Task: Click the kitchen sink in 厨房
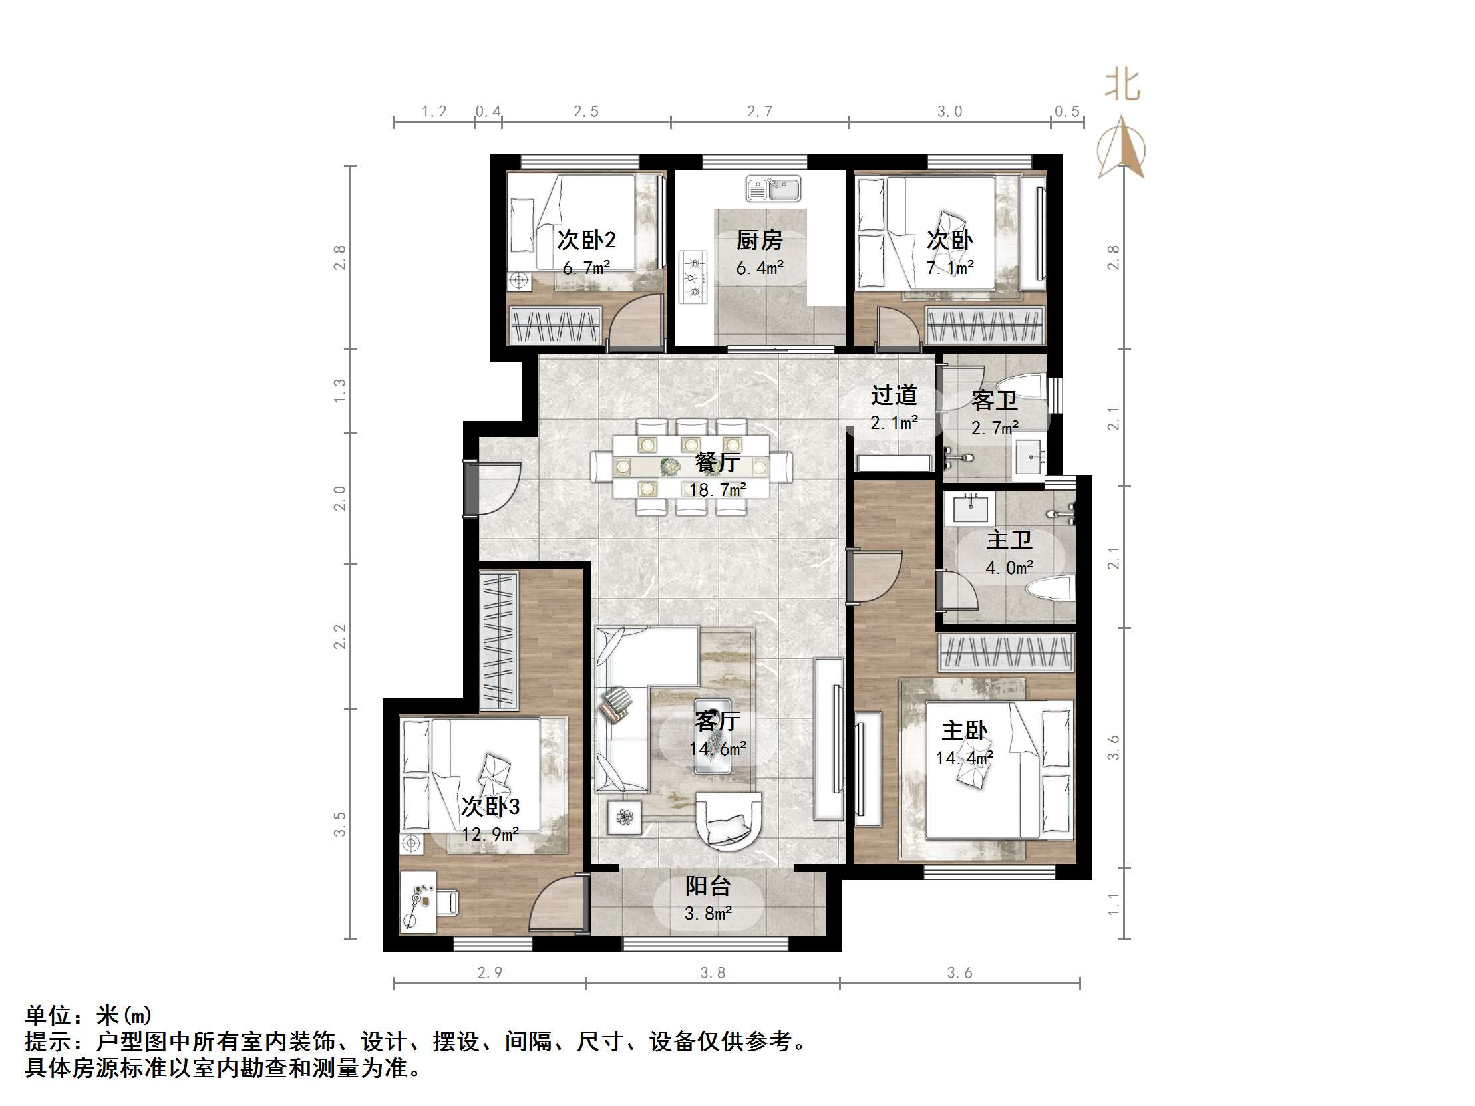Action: point(774,189)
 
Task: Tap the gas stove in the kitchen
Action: point(693,276)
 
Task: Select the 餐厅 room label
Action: point(717,463)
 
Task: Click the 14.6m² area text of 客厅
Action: point(717,749)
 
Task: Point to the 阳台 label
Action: point(708,886)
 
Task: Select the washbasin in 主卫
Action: point(971,509)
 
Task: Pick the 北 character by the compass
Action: point(1122,86)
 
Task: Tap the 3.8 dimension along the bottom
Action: point(712,974)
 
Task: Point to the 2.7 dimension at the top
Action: point(760,111)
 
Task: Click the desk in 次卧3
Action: point(418,901)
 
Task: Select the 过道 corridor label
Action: point(894,395)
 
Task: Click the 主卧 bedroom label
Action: point(964,731)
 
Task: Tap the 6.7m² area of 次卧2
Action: point(586,268)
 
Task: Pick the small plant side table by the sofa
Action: point(625,817)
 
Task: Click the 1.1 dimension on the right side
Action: point(1113,904)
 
